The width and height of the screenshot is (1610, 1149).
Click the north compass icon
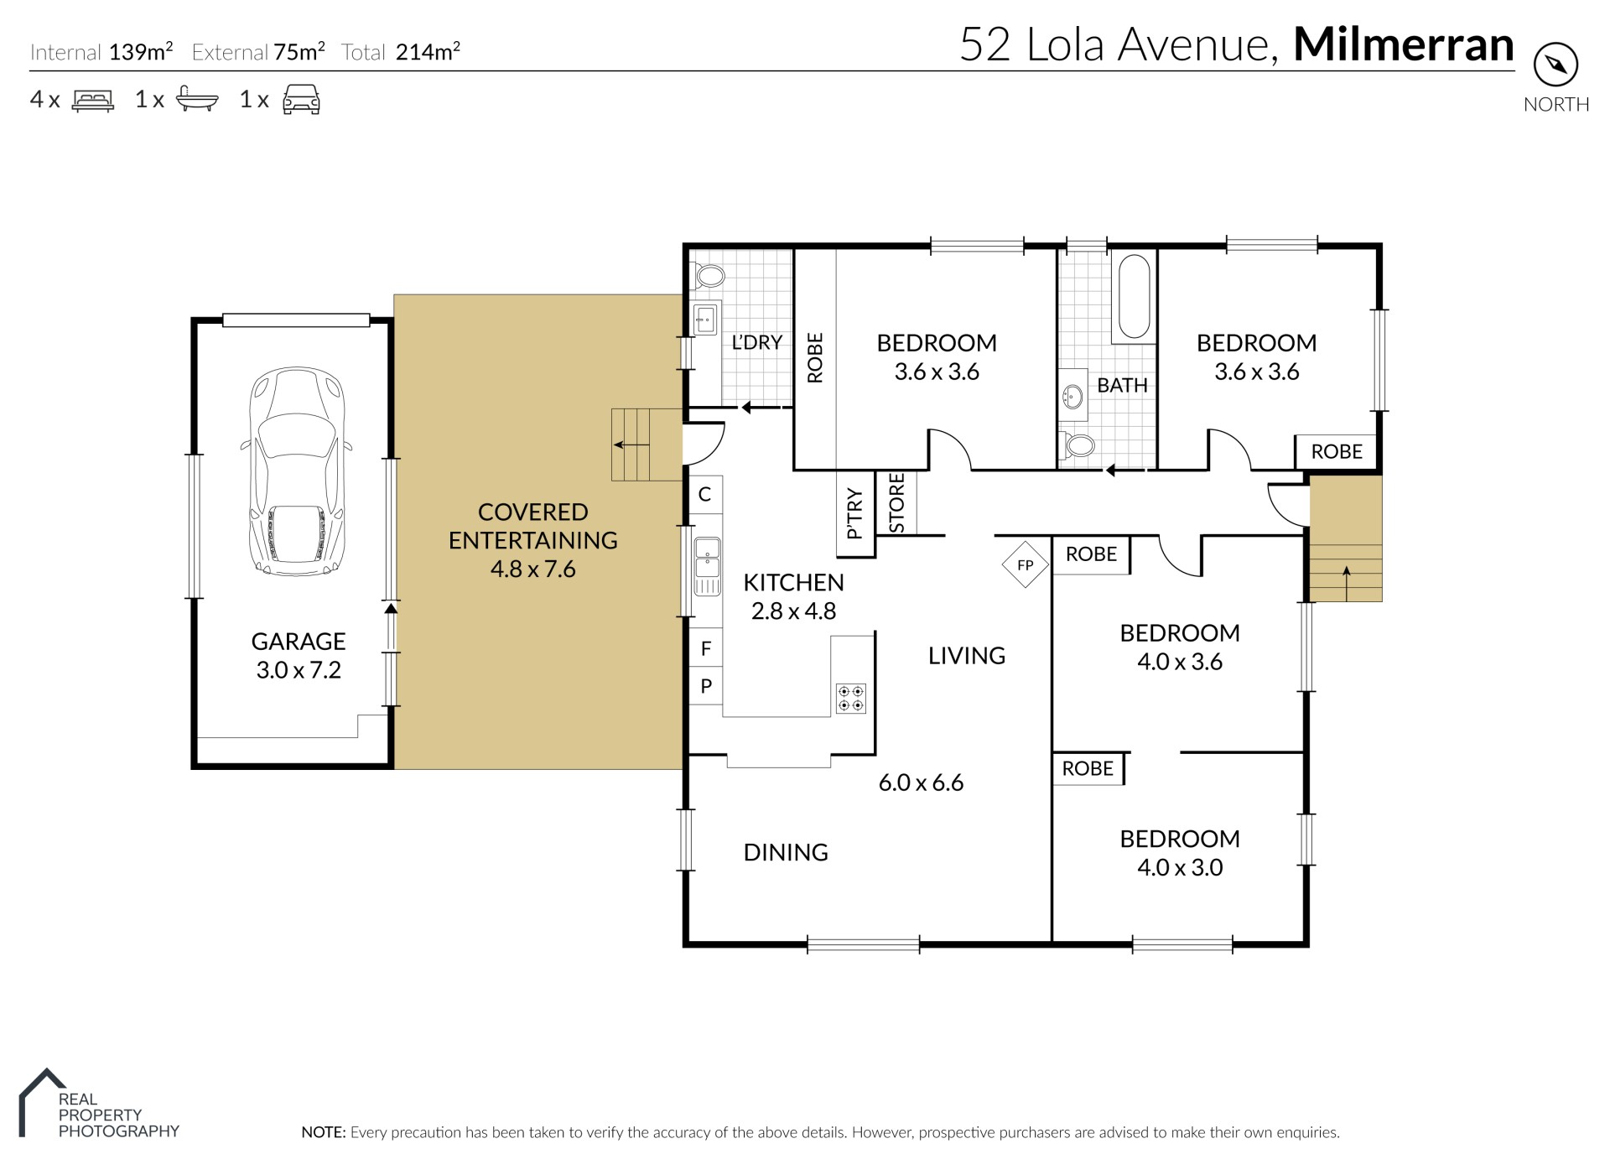pos(1555,65)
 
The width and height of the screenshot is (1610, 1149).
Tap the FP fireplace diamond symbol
pos(1025,564)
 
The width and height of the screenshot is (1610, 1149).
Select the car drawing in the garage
pos(297,471)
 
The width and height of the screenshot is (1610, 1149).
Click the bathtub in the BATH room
pos(1134,297)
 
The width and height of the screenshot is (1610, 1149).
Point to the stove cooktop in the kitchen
pos(851,699)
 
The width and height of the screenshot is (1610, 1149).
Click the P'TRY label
pos(854,513)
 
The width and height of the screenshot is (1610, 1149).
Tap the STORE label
pos(896,503)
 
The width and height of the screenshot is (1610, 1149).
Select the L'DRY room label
pos(756,342)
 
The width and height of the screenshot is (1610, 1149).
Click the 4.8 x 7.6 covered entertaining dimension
pos(533,569)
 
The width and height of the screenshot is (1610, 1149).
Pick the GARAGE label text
pos(299,642)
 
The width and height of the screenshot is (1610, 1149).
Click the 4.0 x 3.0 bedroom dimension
pos(1180,867)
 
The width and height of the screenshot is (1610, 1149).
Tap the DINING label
pos(786,852)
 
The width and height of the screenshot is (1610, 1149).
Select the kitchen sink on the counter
pos(708,557)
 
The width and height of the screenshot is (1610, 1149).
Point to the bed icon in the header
pos(93,100)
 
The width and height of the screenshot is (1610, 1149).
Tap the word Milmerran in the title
pos(1404,44)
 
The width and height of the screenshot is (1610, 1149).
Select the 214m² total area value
pos(428,52)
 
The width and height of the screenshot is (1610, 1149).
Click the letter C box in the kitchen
pos(705,495)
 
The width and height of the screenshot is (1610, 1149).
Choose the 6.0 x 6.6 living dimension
pos(921,782)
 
